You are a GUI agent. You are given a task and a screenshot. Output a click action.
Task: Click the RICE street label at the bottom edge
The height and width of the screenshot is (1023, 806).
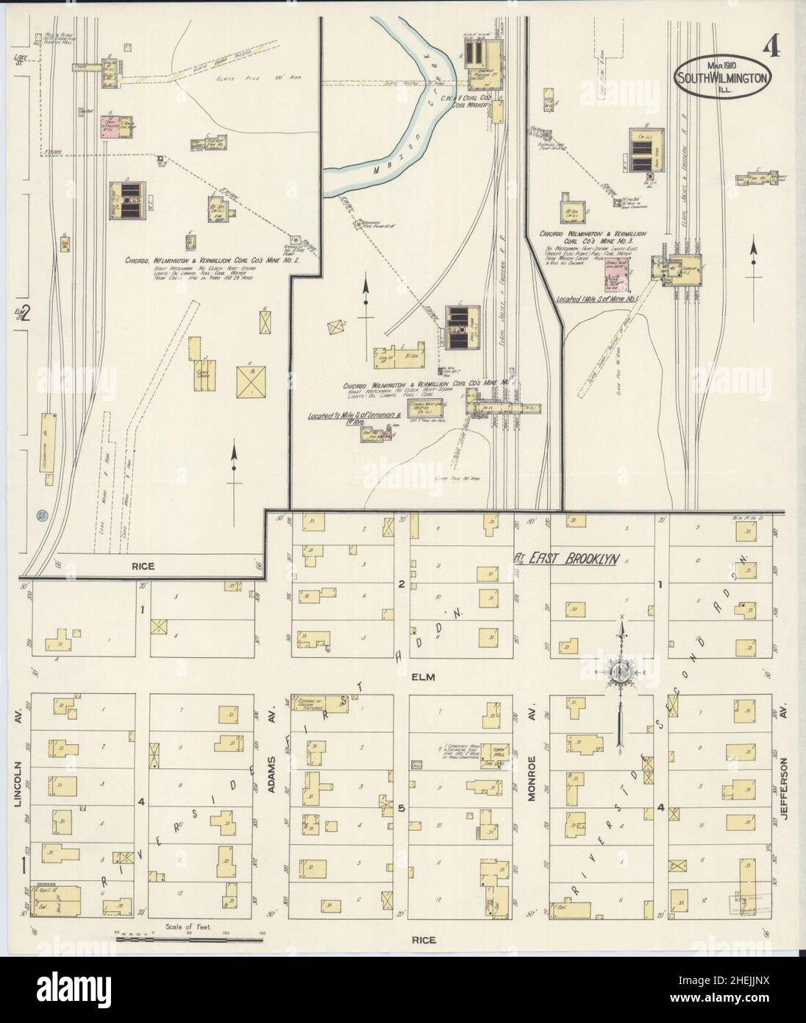(x=424, y=939)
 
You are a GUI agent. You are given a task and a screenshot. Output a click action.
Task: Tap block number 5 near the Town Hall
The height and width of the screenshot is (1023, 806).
(x=402, y=808)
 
